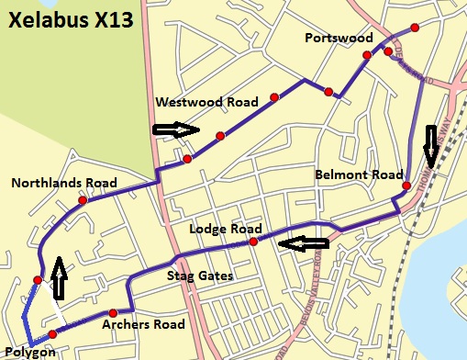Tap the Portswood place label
click(339, 38)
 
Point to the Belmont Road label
click(359, 174)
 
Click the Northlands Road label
click(64, 184)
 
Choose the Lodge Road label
click(226, 229)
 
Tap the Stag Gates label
click(199, 275)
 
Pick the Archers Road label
click(143, 324)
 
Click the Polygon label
click(29, 352)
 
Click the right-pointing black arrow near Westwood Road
click(176, 130)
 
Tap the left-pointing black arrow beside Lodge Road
click(304, 244)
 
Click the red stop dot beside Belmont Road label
click(406, 186)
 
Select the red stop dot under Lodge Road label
click(253, 242)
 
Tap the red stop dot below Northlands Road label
click(83, 199)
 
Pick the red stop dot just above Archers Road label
click(113, 313)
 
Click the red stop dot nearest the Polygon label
click(52, 334)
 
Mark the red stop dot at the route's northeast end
click(416, 28)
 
